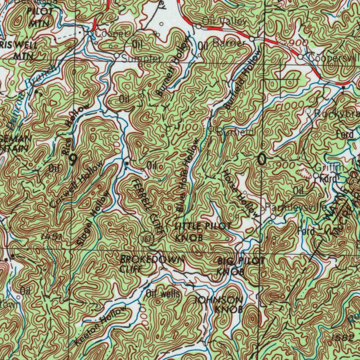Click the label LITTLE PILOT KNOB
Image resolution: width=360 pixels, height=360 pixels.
tap(202, 232)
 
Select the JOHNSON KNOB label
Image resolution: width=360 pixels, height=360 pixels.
tap(219, 304)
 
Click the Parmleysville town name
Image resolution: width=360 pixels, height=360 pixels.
tap(295, 207)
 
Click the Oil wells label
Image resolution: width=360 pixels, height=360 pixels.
tap(163, 294)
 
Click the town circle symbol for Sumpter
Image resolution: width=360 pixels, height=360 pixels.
tap(117, 56)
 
